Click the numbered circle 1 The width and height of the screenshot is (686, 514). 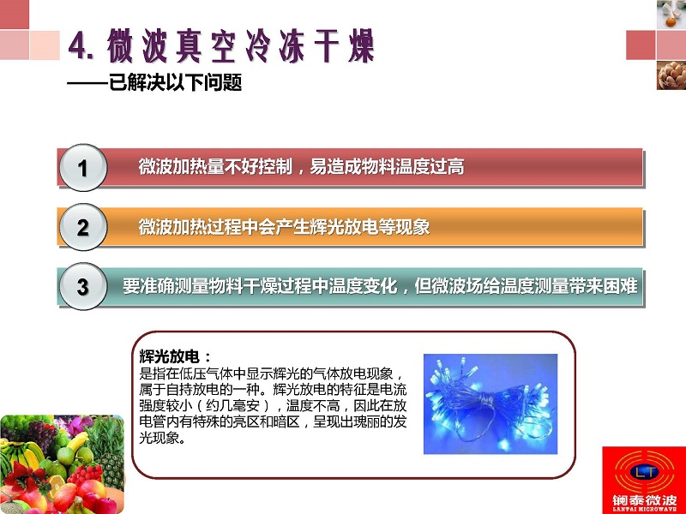coord(82,168)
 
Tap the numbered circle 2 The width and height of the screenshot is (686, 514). coord(82,227)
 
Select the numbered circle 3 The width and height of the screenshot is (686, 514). coord(82,287)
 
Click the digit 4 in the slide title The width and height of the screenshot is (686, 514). coord(77,46)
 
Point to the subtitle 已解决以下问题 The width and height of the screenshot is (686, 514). coord(175,82)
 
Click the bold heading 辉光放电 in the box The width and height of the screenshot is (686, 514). coord(169,356)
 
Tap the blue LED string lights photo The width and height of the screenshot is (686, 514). coord(490,403)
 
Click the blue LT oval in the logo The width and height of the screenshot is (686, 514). coord(646,472)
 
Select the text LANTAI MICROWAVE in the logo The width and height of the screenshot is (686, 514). coord(645,509)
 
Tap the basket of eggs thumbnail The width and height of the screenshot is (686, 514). coord(671,75)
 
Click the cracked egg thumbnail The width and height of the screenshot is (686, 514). coord(671,15)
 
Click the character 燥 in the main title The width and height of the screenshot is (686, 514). coord(361,46)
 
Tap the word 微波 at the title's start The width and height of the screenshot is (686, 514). coord(137,46)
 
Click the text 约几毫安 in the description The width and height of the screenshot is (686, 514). coord(232,405)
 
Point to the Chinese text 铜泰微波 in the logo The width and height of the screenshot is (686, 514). coord(645,499)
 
